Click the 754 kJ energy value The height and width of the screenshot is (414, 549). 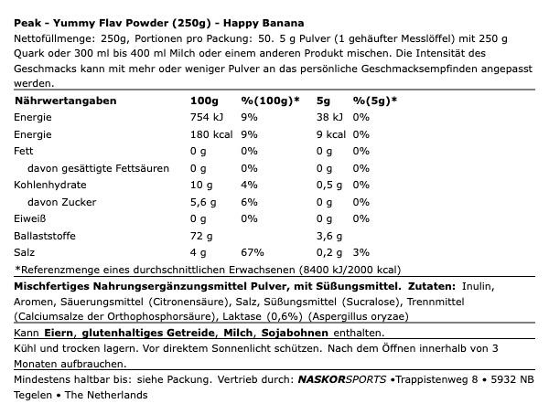click(x=206, y=117)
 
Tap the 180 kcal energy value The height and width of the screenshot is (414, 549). click(x=208, y=134)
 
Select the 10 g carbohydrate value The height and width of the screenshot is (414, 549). click(x=201, y=186)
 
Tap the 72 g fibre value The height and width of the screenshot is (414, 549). click(x=201, y=236)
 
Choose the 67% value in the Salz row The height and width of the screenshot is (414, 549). click(x=252, y=253)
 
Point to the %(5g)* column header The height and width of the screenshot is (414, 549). click(x=375, y=101)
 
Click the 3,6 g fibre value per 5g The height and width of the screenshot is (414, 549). click(x=329, y=236)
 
